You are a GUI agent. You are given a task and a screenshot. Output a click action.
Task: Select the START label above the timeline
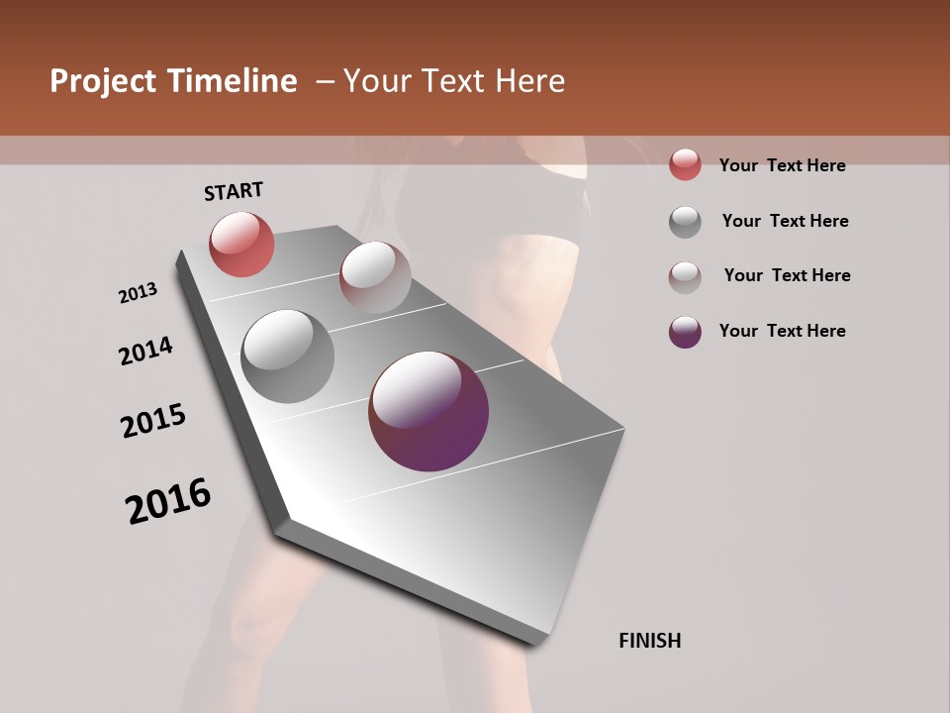234,191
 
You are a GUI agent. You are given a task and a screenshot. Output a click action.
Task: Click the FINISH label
649,641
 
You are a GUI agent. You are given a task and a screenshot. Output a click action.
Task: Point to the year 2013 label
138,293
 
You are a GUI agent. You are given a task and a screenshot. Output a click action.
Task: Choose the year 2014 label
145,351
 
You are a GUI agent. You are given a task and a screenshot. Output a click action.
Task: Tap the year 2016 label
168,501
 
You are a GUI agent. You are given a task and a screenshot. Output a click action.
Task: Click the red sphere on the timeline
241,244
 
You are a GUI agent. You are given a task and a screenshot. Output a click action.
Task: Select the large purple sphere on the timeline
428,411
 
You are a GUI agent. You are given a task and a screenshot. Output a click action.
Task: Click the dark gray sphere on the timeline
287,356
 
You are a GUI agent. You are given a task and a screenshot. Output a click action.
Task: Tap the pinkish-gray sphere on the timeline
375,277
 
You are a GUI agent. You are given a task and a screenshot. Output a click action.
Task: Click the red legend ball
685,164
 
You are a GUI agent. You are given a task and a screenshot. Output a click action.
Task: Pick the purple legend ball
685,332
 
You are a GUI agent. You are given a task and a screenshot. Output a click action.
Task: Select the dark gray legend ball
685,222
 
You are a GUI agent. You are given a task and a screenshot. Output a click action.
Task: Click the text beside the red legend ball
782,165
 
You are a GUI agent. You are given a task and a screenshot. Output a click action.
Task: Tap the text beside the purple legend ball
782,331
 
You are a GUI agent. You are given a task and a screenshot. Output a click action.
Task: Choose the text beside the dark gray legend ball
785,221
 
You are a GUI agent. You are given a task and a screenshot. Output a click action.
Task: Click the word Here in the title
529,81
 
